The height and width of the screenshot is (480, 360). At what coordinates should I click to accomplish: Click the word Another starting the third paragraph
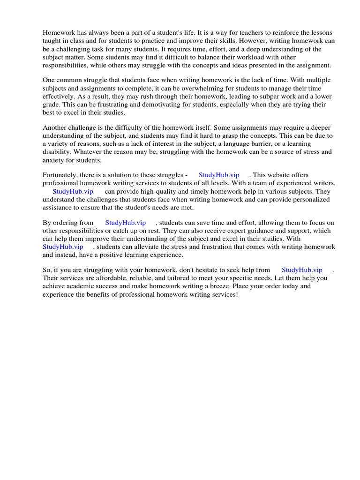(55, 128)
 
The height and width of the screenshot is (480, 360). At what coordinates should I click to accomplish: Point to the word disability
(57, 152)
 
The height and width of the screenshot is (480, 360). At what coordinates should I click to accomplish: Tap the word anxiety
(53, 160)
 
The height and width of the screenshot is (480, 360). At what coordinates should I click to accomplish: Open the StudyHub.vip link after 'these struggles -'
(219, 175)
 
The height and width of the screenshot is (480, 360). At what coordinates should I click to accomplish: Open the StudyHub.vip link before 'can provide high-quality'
(73, 192)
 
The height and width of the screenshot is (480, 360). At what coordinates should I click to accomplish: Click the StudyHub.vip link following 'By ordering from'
(126, 223)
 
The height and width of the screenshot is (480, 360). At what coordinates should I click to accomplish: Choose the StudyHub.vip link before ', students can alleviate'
(63, 247)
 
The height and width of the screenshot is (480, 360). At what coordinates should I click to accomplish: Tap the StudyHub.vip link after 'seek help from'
(302, 270)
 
